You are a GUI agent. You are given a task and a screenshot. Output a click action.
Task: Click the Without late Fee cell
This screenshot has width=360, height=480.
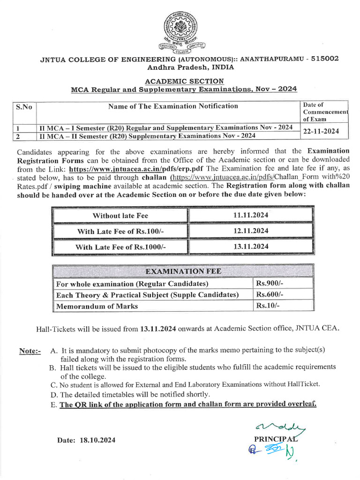click(x=120, y=216)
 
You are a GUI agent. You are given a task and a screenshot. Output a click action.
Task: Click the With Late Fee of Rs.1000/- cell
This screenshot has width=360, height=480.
click(x=120, y=247)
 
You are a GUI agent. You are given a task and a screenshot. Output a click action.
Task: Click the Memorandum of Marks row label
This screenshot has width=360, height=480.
click(x=97, y=306)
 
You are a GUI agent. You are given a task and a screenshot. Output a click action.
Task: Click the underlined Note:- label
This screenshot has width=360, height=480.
click(x=30, y=351)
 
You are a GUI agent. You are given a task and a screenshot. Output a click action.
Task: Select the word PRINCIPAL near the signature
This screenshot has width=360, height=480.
click(x=274, y=439)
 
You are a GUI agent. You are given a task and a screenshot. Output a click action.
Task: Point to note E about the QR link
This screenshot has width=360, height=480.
click(x=187, y=404)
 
